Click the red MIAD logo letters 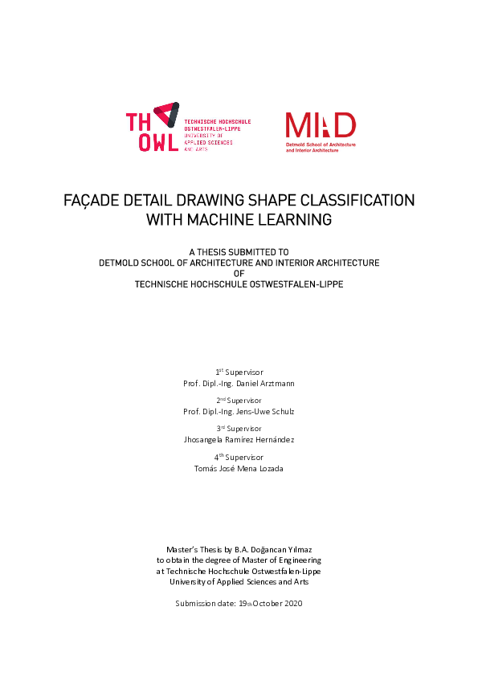[x=321, y=125]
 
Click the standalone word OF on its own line [x=239, y=273]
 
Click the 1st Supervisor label [x=239, y=372]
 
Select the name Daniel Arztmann [x=265, y=383]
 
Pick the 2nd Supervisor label [x=239, y=400]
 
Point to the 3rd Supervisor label [x=239, y=429]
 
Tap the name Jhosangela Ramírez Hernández [x=239, y=440]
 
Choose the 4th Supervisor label [x=239, y=457]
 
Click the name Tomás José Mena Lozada [x=239, y=468]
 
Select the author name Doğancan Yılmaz [x=280, y=548]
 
